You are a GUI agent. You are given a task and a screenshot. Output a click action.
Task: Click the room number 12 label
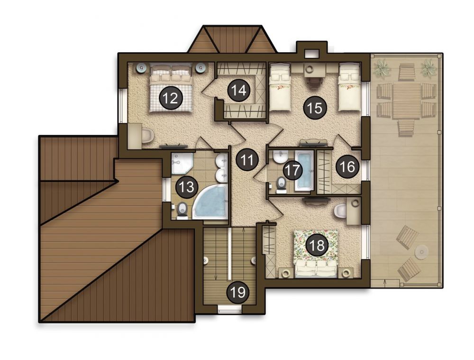[169, 97]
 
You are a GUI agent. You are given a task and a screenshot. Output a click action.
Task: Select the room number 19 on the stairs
[238, 292]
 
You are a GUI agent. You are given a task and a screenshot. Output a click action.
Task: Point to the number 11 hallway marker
[247, 159]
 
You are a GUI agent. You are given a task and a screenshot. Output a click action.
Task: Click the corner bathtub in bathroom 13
[210, 202]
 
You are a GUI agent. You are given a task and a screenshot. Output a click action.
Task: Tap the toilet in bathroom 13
[182, 210]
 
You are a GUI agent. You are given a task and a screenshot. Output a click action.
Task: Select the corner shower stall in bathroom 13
[182, 163]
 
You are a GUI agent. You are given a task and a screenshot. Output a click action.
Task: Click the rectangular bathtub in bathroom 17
[305, 171]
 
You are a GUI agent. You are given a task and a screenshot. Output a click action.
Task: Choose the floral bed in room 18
[316, 253]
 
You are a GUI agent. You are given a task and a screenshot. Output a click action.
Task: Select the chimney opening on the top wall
[312, 53]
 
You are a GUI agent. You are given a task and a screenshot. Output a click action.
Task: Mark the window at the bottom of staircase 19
[230, 310]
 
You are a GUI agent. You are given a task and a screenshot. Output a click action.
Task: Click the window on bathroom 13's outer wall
[165, 190]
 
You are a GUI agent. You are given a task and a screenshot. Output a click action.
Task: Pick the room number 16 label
[347, 166]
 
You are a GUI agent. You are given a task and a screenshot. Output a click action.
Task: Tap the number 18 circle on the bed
[317, 246]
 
